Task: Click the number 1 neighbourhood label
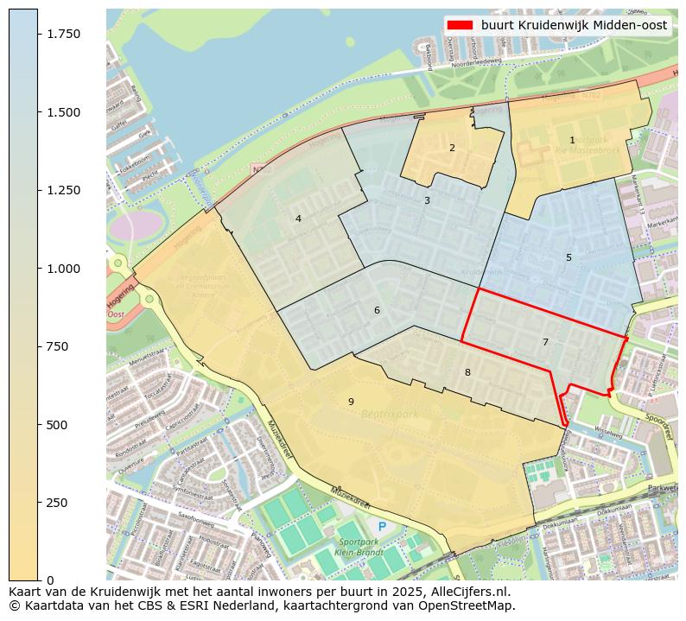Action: point(572,140)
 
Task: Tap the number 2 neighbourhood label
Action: point(452,148)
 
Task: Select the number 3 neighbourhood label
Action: point(427,200)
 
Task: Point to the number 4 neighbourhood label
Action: point(298,219)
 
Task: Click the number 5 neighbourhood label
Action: point(568,257)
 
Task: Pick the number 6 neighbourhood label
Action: point(377,310)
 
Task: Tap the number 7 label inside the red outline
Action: point(545,342)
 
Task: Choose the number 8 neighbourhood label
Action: point(467,372)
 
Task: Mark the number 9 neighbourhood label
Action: point(351,402)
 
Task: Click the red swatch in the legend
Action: point(460,25)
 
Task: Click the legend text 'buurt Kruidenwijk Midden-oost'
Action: point(574,25)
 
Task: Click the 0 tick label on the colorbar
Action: point(50,580)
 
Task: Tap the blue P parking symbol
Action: point(382,526)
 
